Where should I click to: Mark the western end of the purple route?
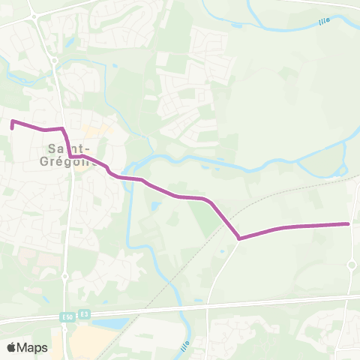[12, 127]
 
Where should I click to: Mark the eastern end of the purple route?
[349, 223]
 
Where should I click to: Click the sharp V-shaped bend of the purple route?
[239, 238]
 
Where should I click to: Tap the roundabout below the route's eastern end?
[351, 264]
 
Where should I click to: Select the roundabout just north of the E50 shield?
[64, 277]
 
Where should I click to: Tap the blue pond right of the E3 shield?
[111, 322]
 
